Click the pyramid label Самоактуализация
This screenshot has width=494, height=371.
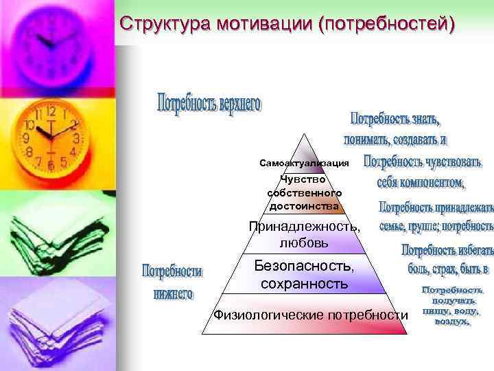coord(304,164)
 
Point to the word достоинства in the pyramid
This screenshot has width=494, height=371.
coord(304,205)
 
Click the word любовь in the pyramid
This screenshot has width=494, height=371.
coord(304,243)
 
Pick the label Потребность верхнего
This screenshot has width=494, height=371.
coord(209,105)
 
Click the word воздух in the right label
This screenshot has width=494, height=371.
coord(451,321)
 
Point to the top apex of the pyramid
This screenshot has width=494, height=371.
coord(303,132)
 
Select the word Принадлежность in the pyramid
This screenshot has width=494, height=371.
coord(303,226)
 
